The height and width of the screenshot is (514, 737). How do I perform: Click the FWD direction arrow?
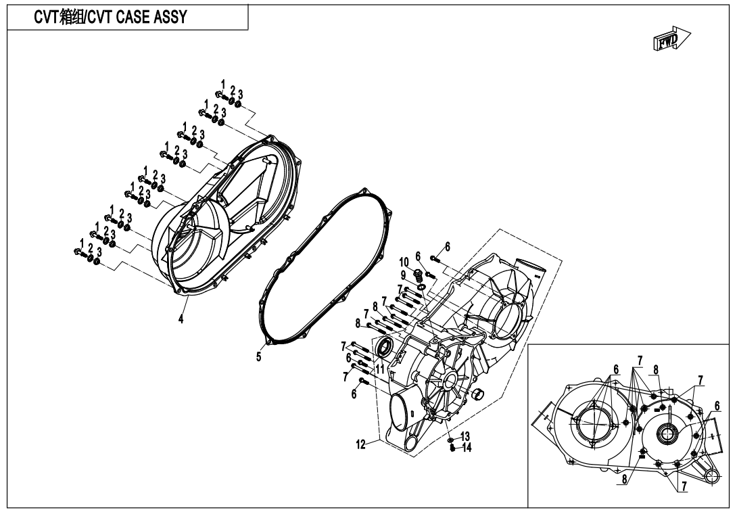pos(671,39)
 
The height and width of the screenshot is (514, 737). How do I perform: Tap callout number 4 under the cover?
pos(181,319)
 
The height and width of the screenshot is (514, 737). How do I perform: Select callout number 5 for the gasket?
pos(258,357)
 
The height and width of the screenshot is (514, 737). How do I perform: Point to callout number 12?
pos(360,444)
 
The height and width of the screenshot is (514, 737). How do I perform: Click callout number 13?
pos(465,437)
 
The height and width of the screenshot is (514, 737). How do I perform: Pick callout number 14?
pos(467,448)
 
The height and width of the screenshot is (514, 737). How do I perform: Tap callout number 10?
pos(404,262)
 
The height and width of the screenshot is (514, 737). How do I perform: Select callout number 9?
pos(403,275)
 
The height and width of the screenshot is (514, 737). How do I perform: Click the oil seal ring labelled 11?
pos(385,347)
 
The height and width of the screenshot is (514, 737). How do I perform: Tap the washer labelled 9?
pos(422,287)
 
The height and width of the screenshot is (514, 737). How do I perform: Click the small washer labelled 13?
pos(450,440)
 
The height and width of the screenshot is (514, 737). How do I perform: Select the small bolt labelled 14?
pos(452,449)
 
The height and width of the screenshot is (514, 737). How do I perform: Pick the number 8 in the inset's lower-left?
pos(623,480)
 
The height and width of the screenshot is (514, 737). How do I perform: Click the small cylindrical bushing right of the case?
pos(479,394)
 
